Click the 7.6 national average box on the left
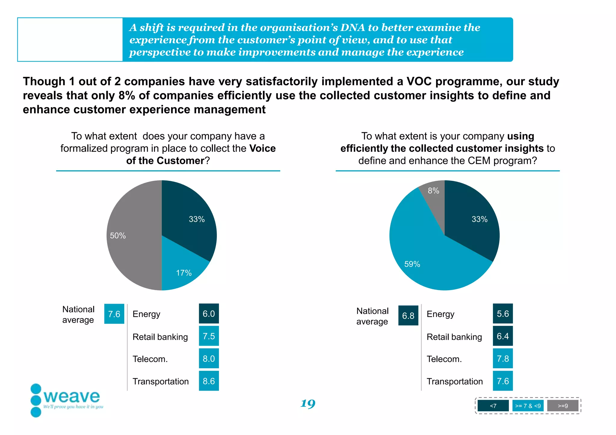tap(114, 314)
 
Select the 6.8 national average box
tap(408, 316)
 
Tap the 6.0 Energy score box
tap(209, 314)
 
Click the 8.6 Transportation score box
tap(209, 381)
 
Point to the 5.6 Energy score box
tap(503, 314)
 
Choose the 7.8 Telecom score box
tap(503, 358)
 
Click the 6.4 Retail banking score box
tap(503, 336)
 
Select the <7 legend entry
tap(493, 406)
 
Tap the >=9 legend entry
tap(562, 406)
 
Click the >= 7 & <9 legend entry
tap(528, 406)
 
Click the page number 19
tap(308, 403)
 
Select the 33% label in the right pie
tap(479, 219)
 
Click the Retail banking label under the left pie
tap(160, 337)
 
